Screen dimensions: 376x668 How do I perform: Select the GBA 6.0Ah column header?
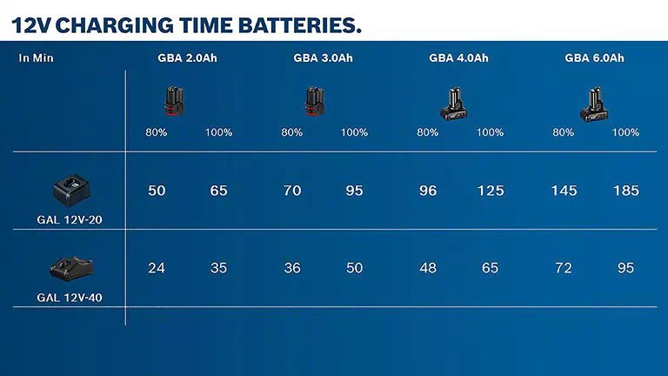(x=594, y=58)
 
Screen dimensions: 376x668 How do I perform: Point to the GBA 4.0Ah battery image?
(x=455, y=104)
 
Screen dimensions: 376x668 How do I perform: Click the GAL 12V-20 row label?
(x=70, y=219)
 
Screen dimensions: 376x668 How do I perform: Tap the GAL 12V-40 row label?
(x=70, y=297)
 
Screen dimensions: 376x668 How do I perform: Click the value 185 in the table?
(x=625, y=191)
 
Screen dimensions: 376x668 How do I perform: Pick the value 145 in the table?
(x=564, y=191)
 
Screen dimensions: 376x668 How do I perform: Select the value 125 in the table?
(x=490, y=191)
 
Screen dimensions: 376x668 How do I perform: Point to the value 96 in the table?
(x=428, y=191)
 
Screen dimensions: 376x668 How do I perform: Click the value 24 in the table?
(x=157, y=268)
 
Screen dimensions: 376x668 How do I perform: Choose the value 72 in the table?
(x=564, y=268)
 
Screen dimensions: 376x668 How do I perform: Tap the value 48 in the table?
(x=428, y=268)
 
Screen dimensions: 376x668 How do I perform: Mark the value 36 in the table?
(x=292, y=268)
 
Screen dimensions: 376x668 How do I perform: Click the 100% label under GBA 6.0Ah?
(x=625, y=132)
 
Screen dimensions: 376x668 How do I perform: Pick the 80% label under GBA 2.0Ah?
(x=157, y=132)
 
